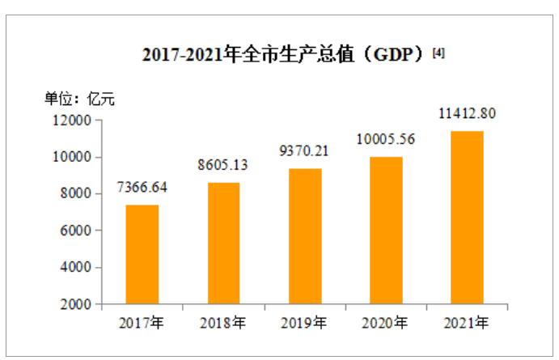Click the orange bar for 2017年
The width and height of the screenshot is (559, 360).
(142, 254)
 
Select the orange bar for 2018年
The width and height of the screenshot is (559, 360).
(223, 243)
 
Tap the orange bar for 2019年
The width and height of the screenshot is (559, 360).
(304, 236)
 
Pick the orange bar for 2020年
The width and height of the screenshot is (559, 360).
(386, 230)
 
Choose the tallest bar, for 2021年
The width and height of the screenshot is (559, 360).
(467, 217)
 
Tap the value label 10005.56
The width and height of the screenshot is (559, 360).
(386, 139)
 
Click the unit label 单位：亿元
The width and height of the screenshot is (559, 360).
(79, 100)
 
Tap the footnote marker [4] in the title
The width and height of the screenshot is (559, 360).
(438, 53)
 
